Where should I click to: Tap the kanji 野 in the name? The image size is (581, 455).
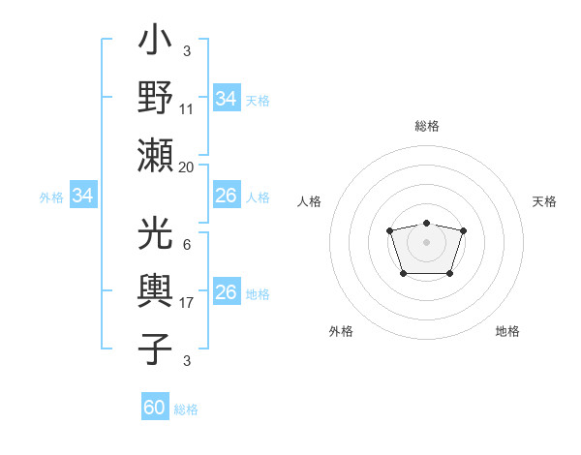pyautogui.click(x=155, y=98)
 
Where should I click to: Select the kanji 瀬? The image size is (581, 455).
pyautogui.click(x=155, y=154)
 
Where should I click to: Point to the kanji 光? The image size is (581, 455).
pyautogui.click(x=155, y=236)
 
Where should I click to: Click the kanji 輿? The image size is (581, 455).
pyautogui.click(x=155, y=291)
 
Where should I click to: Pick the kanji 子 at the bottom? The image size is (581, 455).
pyautogui.click(x=155, y=349)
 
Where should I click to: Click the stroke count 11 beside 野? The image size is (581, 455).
pyautogui.click(x=187, y=109)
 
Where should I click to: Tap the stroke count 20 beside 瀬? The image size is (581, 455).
pyautogui.click(x=187, y=167)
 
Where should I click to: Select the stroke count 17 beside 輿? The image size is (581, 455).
pyautogui.click(x=187, y=303)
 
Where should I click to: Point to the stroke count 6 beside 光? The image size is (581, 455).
pyautogui.click(x=187, y=246)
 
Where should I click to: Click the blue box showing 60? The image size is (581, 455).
pyautogui.click(x=155, y=408)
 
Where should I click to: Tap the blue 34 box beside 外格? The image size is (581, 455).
pyautogui.click(x=83, y=197)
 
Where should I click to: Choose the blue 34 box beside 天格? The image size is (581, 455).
pyautogui.click(x=226, y=98)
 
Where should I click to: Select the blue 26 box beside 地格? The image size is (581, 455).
pyautogui.click(x=226, y=292)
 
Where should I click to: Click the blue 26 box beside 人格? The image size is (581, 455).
pyautogui.click(x=226, y=196)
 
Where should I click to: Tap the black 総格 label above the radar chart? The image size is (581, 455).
pyautogui.click(x=426, y=126)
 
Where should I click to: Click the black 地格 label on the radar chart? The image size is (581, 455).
pyautogui.click(x=507, y=331)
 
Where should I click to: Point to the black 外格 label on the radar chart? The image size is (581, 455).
pyautogui.click(x=341, y=331)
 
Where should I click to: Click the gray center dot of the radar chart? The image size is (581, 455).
pyautogui.click(x=426, y=241)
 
